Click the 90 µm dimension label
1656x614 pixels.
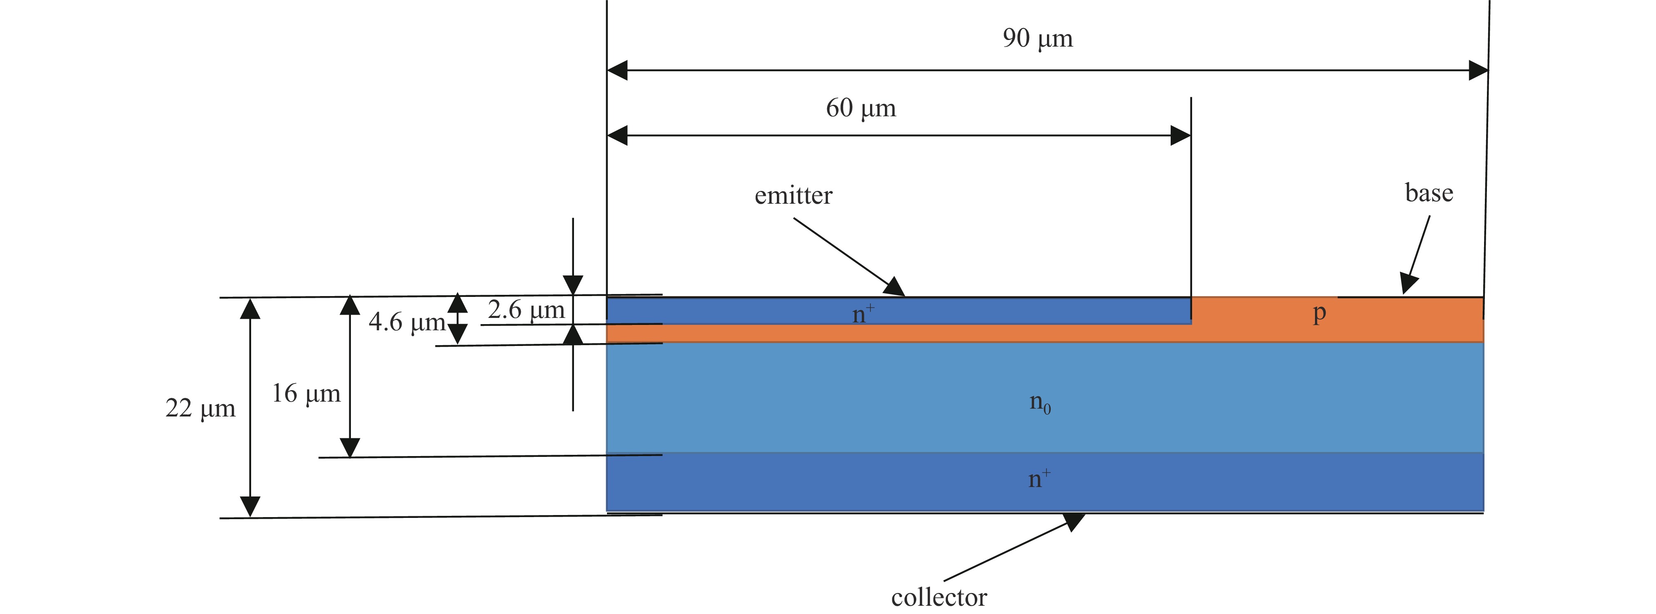1037,39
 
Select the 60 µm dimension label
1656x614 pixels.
861,108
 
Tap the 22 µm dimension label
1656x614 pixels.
200,408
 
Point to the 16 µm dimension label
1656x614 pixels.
306,393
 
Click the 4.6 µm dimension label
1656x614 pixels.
407,322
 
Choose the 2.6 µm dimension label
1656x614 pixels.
526,310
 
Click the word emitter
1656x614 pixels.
793,195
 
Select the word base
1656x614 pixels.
1428,193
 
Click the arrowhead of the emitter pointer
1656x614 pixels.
895,287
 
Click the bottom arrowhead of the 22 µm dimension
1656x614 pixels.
250,507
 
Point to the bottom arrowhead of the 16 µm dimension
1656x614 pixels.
350,447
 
